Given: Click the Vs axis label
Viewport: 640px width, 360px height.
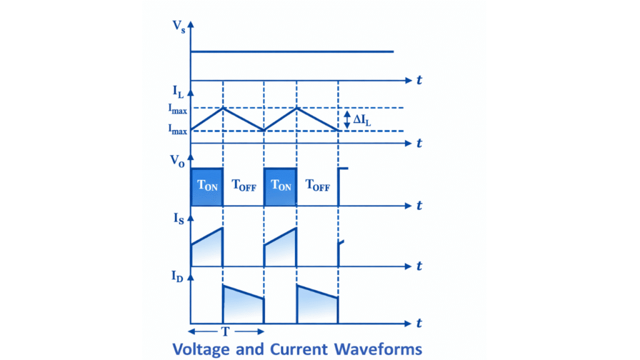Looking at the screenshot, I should click(179, 27).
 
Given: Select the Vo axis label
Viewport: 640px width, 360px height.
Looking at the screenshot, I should click(179, 159).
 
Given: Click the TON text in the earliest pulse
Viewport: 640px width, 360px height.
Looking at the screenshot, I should click(207, 186).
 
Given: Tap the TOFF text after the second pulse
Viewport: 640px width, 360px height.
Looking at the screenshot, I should click(317, 185).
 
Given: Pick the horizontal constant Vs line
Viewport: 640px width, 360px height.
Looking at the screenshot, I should click(292, 52).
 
